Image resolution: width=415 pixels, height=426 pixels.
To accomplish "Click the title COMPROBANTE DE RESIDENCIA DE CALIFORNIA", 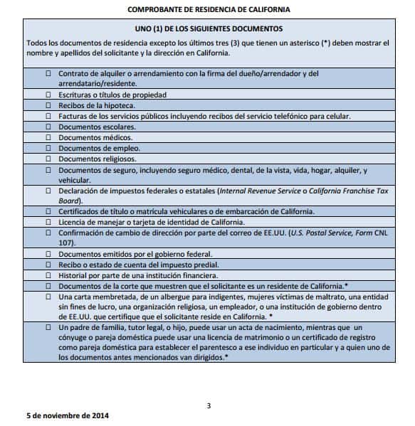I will (209, 9).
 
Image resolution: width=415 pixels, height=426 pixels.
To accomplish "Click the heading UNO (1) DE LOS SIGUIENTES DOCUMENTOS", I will (209, 29).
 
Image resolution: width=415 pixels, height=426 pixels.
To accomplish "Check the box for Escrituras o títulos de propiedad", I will (48, 94).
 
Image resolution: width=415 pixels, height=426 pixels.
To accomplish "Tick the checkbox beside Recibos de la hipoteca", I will (48, 105).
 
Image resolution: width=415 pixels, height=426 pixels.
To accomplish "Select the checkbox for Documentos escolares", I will (48, 127).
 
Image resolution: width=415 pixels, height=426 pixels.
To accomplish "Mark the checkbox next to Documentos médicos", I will (48, 137).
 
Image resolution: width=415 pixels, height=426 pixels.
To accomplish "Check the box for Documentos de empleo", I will (48, 148).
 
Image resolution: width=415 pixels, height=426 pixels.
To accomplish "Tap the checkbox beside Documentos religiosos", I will (48, 159).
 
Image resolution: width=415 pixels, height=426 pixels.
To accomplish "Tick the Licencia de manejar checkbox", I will (48, 222).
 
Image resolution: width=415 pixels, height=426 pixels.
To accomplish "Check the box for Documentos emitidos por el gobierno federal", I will (48, 254).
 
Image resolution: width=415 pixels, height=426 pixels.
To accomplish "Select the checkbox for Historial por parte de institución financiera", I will (48, 275).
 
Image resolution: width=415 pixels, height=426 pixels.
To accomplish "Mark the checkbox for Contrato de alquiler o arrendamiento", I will (48, 73).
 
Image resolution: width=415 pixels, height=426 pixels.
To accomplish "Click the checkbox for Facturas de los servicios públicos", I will (48, 116).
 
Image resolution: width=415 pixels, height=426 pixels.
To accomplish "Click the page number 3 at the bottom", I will (209, 406).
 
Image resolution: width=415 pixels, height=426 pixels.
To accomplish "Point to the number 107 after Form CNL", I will (65, 243).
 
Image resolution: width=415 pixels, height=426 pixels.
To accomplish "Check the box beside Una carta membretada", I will (48, 296).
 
